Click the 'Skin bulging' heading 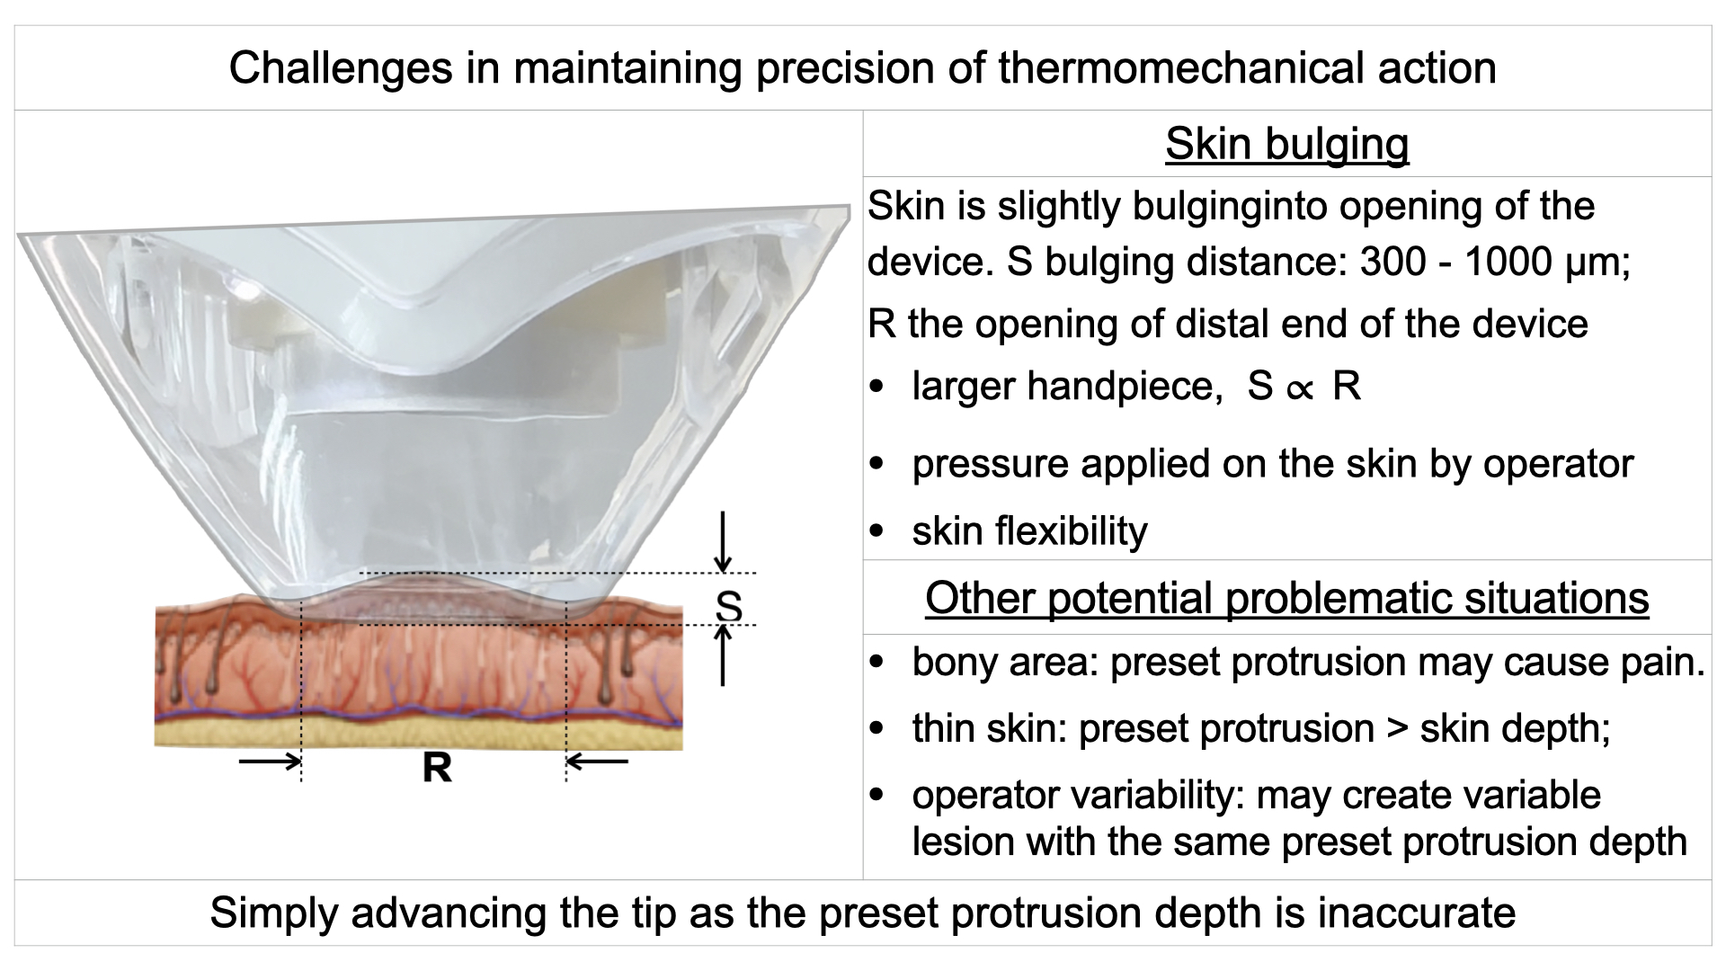pyautogui.click(x=1286, y=145)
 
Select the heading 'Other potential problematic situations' pyautogui.click(x=1286, y=598)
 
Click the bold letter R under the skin pyautogui.click(x=437, y=769)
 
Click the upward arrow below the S pyautogui.click(x=724, y=655)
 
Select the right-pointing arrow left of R pyautogui.click(x=270, y=762)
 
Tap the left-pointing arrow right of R pyautogui.click(x=597, y=762)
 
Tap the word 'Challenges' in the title pyautogui.click(x=341, y=68)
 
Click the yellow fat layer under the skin pyautogui.click(x=418, y=733)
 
